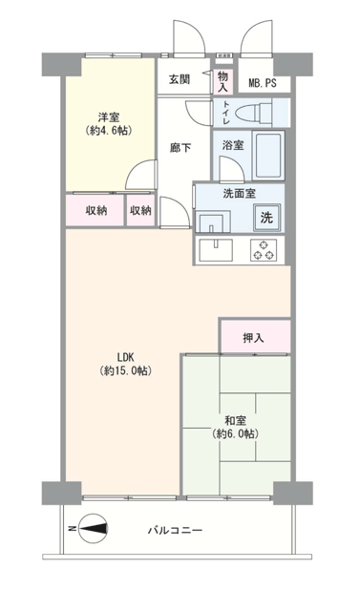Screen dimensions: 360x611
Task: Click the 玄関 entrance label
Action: [x=180, y=79]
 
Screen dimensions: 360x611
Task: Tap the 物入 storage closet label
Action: [x=222, y=81]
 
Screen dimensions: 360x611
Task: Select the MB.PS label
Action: [x=263, y=83]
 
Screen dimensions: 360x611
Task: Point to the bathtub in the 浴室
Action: [x=268, y=156]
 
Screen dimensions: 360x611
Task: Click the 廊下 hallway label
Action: [x=180, y=148]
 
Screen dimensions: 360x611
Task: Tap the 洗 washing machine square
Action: [x=266, y=218]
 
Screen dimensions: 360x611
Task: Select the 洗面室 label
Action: [x=240, y=193]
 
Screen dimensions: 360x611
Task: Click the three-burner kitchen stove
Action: [x=264, y=250]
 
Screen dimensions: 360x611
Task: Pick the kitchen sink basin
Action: [x=216, y=250]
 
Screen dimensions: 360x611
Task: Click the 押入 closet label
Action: [x=253, y=338]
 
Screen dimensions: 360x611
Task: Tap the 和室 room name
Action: [x=235, y=421]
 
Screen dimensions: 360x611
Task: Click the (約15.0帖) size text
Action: [x=125, y=370]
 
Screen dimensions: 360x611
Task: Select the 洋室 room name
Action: [x=109, y=116]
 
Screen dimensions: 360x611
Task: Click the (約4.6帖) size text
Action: [x=109, y=130]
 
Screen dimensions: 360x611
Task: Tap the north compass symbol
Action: [x=93, y=529]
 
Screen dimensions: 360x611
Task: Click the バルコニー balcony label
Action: [x=175, y=531]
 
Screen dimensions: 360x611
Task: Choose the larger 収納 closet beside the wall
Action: [x=95, y=210]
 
